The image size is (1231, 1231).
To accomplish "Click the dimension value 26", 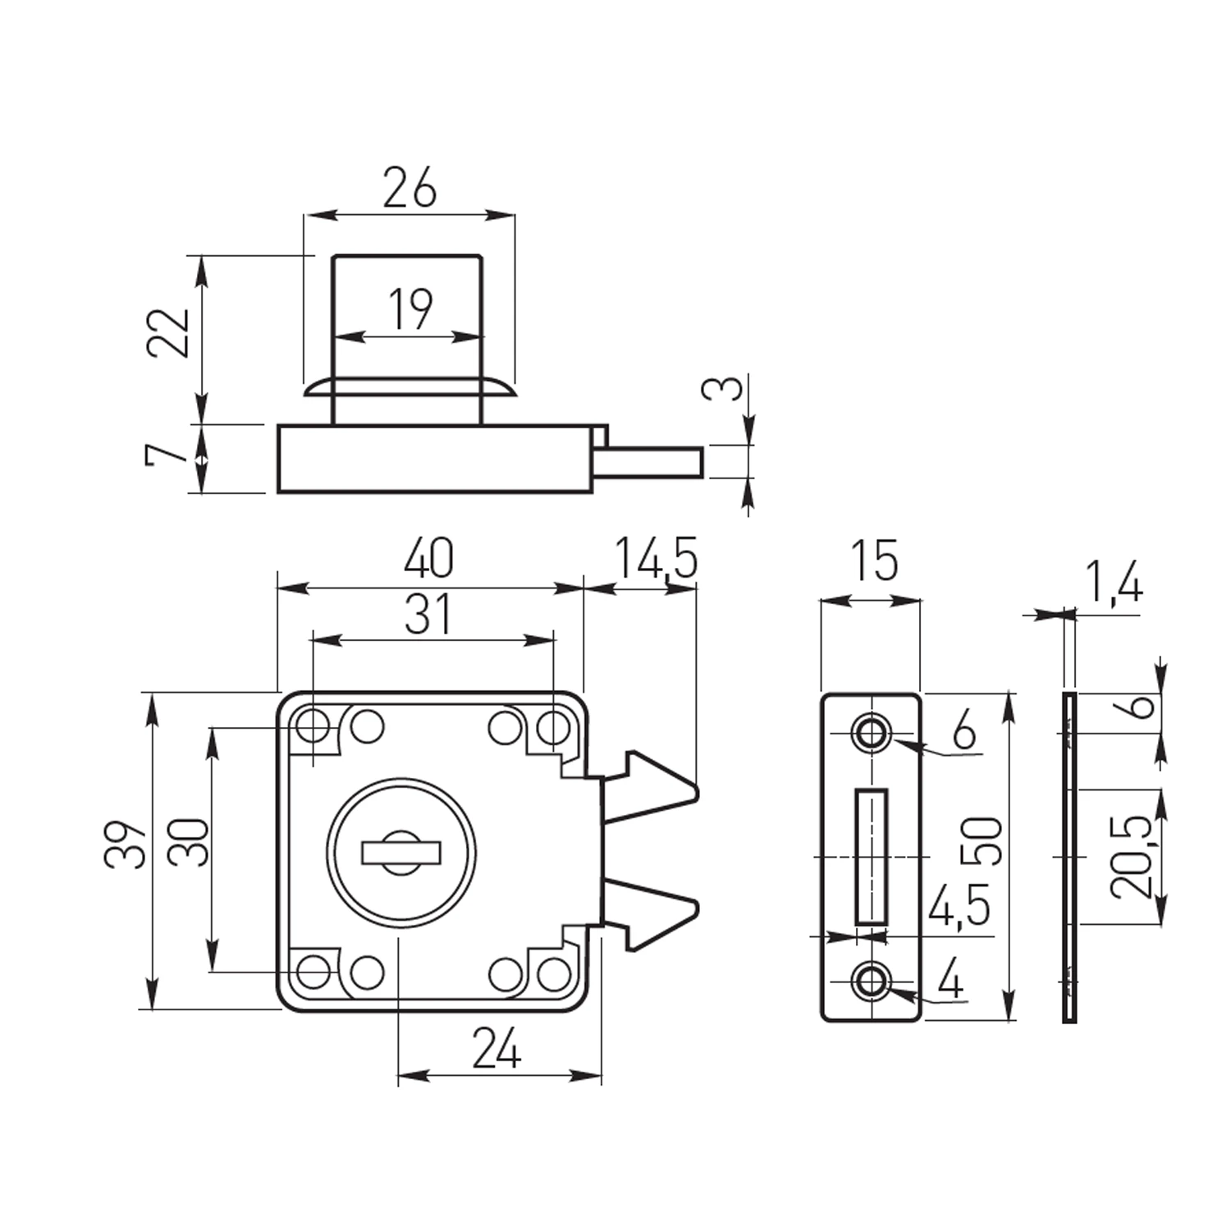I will tap(410, 188).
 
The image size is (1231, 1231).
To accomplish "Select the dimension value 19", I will tap(410, 309).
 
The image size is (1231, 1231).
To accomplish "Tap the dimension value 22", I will tap(169, 332).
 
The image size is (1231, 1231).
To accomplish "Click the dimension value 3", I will tap(723, 388).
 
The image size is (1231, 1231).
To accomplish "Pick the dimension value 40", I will tap(428, 558).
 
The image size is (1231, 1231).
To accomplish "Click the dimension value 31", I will tap(428, 615).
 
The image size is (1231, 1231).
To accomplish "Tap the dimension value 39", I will tap(126, 843).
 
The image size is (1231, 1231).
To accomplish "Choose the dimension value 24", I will tap(497, 1049).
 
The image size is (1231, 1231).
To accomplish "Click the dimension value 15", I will tap(873, 561).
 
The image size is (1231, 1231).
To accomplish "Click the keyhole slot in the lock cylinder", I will tap(400, 853).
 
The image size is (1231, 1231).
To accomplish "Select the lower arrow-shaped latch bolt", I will tap(652, 913).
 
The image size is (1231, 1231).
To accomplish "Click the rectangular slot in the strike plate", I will tap(872, 857).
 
